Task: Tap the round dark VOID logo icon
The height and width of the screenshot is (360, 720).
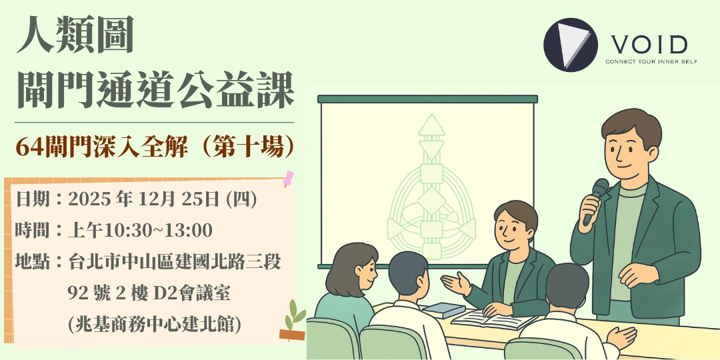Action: pos(568,45)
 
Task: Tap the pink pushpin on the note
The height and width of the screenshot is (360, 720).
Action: pos(288,178)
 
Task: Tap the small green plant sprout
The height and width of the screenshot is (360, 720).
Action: pos(294,313)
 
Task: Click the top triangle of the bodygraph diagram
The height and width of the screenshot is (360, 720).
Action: pos(431,125)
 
